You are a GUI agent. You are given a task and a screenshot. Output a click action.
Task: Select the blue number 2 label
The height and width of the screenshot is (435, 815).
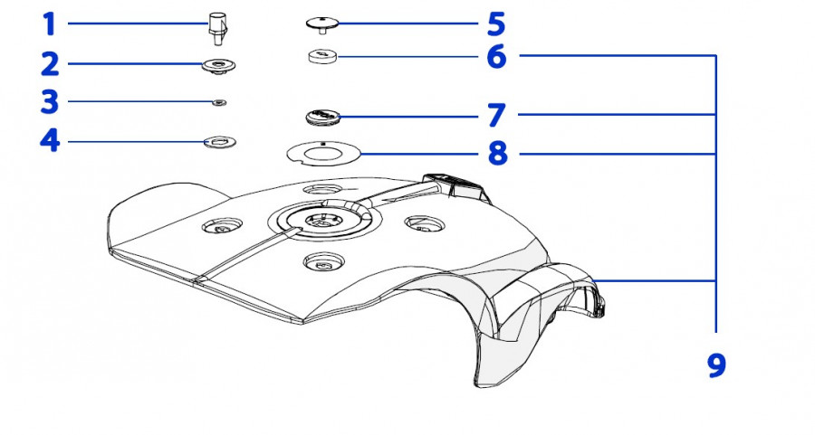(x=50, y=65)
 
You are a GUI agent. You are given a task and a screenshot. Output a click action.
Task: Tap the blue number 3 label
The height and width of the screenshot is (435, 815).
(x=50, y=102)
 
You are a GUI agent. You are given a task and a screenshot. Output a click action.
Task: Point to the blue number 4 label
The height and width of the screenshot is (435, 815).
(x=50, y=142)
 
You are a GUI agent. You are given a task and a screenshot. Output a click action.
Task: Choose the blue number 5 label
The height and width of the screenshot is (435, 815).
(x=496, y=23)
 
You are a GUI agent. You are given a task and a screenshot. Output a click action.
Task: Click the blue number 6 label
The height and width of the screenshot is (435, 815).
(x=496, y=57)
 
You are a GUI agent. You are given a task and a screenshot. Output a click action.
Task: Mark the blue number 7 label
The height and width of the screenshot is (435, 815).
(x=496, y=116)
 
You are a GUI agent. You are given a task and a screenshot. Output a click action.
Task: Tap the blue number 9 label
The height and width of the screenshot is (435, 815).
(x=716, y=365)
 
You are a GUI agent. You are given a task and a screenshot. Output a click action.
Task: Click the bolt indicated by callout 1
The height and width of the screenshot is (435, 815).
(x=217, y=26)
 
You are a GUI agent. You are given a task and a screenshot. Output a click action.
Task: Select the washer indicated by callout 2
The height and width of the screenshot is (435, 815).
(x=218, y=65)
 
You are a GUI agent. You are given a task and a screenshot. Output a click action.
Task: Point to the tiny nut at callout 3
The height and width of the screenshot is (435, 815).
(x=218, y=103)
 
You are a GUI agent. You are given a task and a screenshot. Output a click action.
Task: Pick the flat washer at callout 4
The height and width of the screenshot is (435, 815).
(x=219, y=141)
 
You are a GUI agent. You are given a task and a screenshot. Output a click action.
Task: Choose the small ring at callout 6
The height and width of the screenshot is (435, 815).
(x=322, y=57)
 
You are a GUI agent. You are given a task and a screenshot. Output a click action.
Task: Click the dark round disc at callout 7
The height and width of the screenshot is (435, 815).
(x=322, y=117)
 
